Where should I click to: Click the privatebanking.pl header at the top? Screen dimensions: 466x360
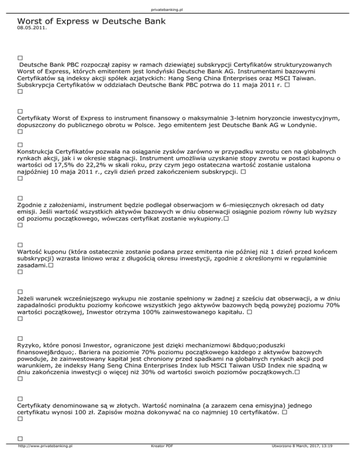coord(180,9)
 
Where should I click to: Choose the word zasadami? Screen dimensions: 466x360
coord(31,265)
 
